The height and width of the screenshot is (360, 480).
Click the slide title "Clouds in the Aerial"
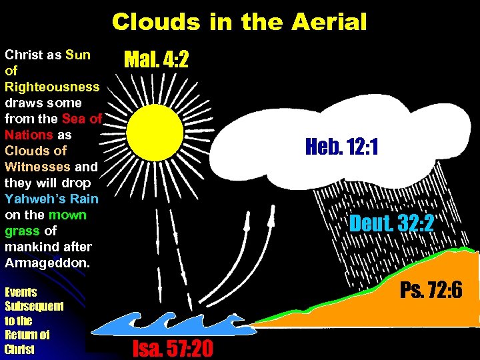[239, 22]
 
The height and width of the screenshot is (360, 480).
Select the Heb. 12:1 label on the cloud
[342, 147]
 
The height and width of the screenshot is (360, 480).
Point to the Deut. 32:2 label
[392, 223]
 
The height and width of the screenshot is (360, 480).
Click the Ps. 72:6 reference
[431, 290]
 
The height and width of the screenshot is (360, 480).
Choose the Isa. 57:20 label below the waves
[173, 347]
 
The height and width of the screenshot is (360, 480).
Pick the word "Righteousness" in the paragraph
[52, 87]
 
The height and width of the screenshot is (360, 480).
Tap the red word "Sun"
[78, 55]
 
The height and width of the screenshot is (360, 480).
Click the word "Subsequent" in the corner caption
[34, 307]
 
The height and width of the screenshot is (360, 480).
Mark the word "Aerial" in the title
[329, 22]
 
